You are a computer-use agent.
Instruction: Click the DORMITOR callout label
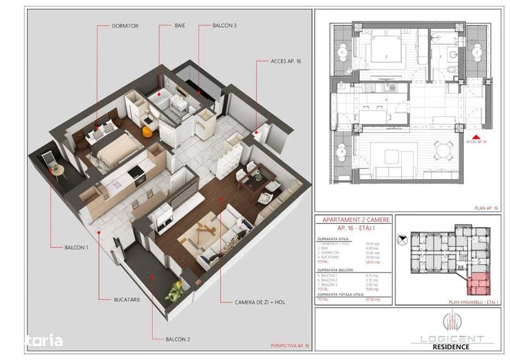point(125,26)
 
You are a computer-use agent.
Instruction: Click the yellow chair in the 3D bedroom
point(147,132)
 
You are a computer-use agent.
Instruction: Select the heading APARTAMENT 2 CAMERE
point(353,219)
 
